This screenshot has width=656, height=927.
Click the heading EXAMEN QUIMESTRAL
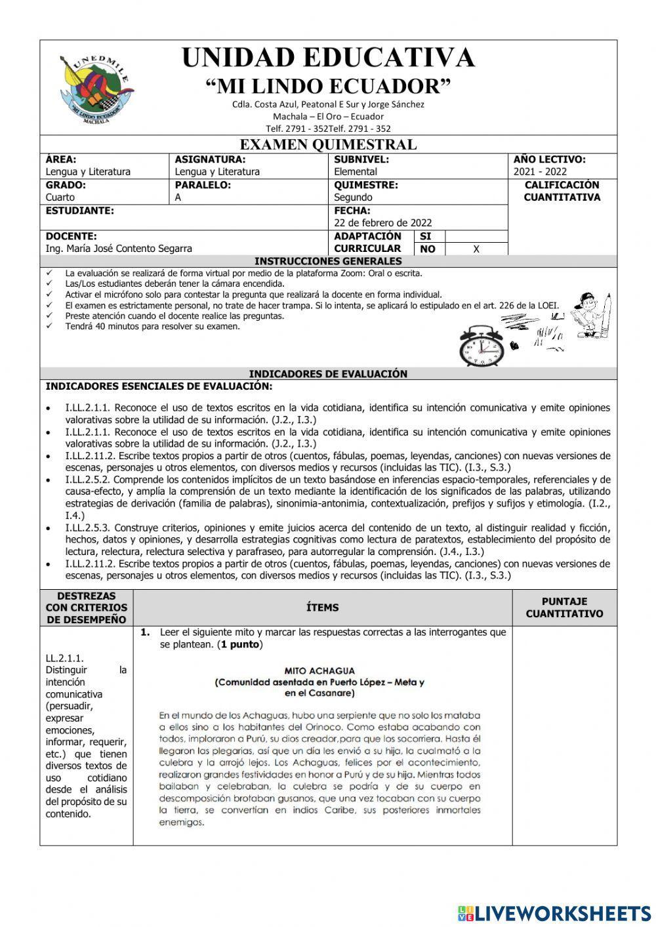(x=328, y=144)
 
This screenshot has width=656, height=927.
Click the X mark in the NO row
(x=476, y=249)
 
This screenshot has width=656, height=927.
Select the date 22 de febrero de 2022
(x=382, y=223)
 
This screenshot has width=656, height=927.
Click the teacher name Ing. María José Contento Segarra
(x=119, y=249)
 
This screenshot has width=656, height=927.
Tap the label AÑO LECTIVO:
(x=549, y=159)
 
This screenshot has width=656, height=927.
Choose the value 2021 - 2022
(x=540, y=172)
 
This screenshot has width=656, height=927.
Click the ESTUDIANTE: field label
(x=79, y=211)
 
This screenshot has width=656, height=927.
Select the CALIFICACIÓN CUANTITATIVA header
(x=562, y=191)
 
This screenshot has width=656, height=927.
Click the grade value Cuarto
(x=60, y=197)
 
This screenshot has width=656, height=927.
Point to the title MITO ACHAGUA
(x=319, y=670)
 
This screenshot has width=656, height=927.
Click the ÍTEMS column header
(x=323, y=608)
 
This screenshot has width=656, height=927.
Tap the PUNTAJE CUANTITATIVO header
(x=564, y=608)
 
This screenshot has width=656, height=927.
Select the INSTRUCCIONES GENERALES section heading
(x=328, y=261)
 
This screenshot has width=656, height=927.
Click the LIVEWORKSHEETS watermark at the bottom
(x=554, y=913)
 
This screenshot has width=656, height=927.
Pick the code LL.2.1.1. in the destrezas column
(x=65, y=658)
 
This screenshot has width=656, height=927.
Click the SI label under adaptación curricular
(x=425, y=236)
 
